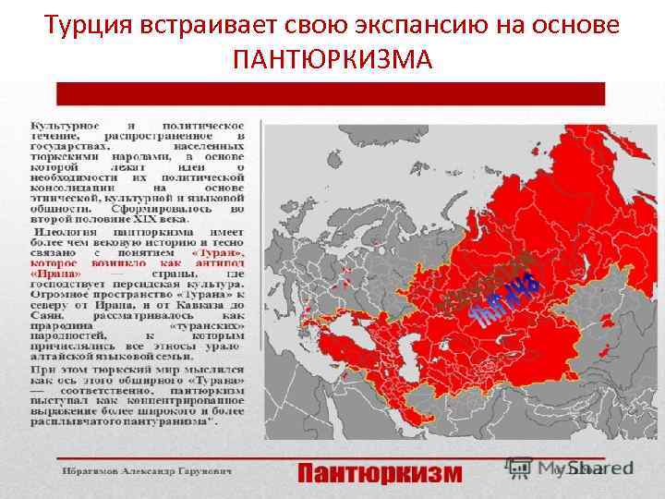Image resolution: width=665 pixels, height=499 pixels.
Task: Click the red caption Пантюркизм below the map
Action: tap(380, 473)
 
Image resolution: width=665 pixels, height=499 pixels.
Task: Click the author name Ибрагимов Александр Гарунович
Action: tap(148, 472)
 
